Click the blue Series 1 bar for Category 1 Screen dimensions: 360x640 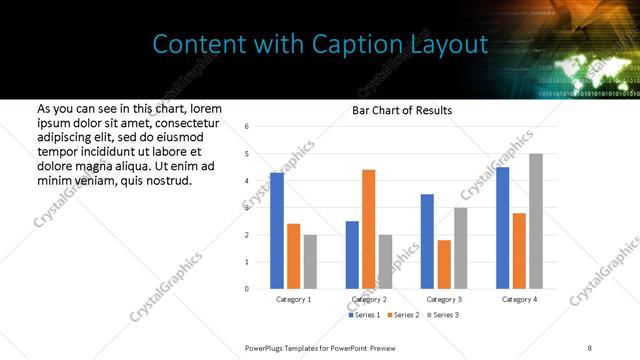[277, 231]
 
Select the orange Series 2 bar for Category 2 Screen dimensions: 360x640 [369, 229]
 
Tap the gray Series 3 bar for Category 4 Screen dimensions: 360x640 [536, 221]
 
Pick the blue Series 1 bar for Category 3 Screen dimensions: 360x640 [427, 241]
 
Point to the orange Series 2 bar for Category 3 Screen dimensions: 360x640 [444, 264]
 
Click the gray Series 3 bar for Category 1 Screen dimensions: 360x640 [310, 262]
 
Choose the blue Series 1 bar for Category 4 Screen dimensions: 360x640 [502, 228]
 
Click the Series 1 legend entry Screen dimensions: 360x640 [363, 315]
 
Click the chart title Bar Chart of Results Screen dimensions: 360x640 [402, 110]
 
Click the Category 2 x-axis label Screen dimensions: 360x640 [369, 299]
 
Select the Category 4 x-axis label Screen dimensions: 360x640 [519, 299]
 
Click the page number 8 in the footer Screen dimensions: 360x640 [590, 347]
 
